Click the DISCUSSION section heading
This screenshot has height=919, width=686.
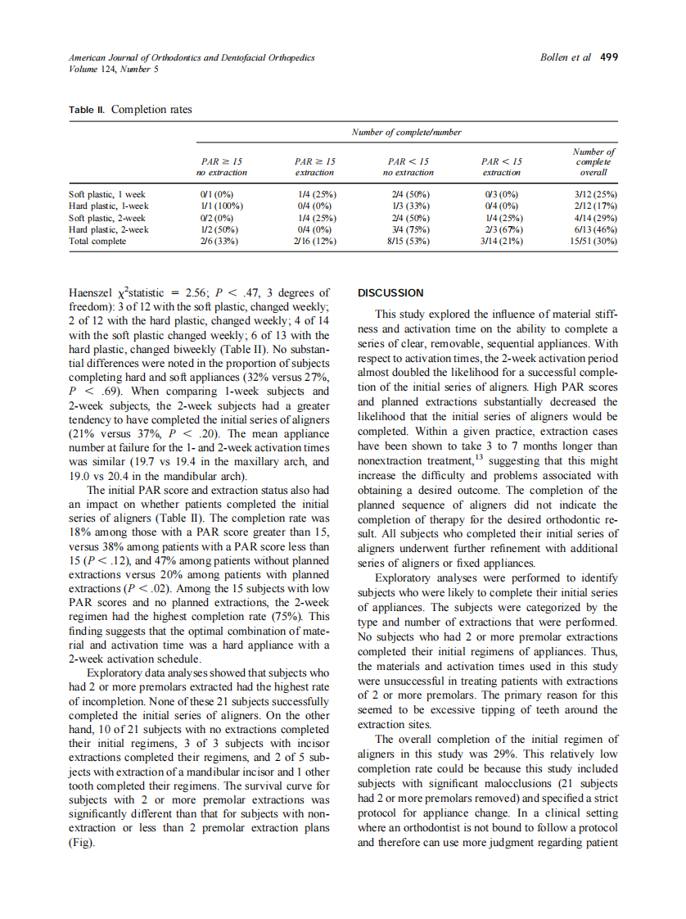pos(391,292)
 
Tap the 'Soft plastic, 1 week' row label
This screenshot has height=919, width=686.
pos(106,195)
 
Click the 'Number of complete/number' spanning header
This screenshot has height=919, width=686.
pos(407,132)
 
